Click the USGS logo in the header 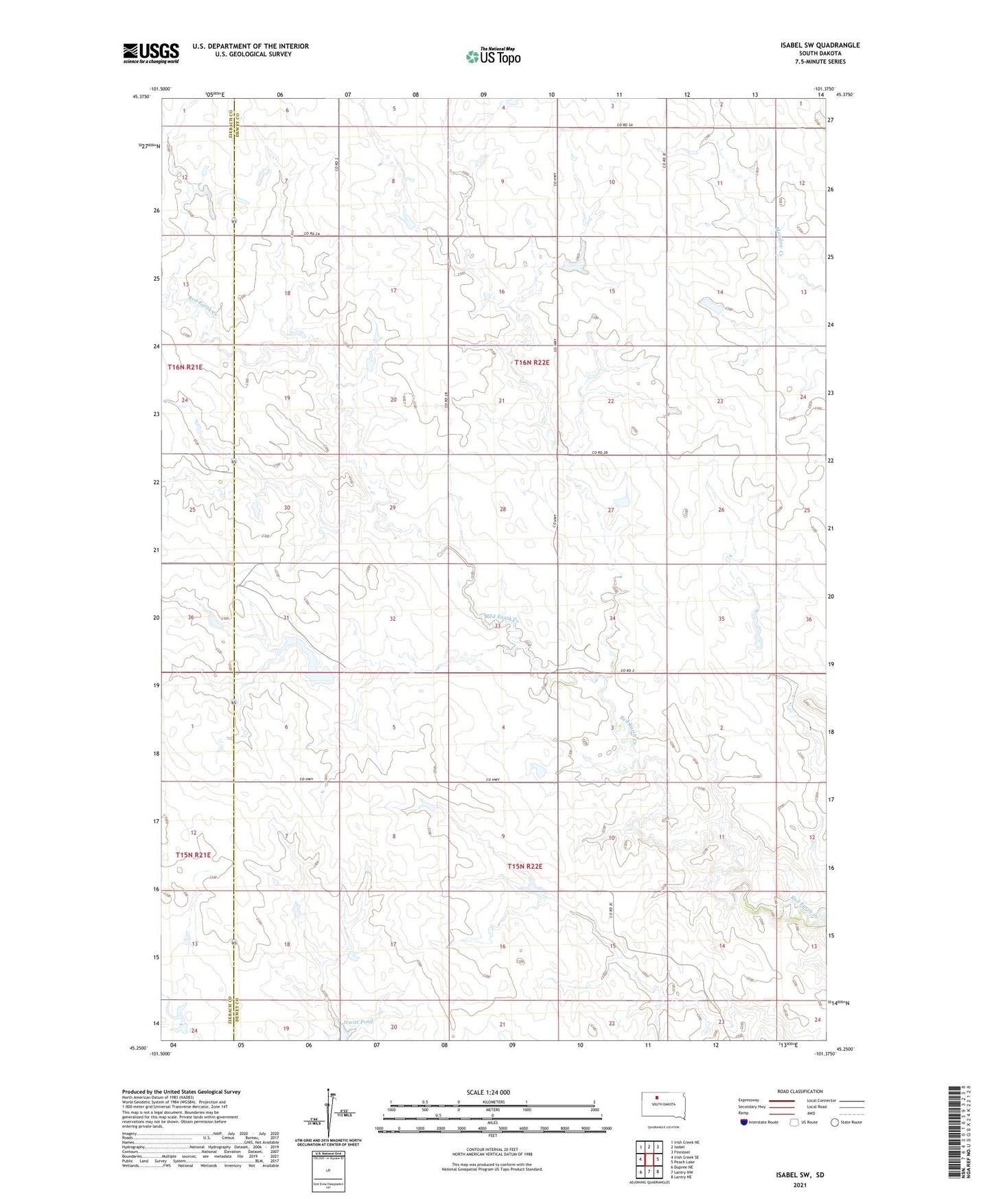[x=151, y=53]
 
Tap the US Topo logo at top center [x=492, y=56]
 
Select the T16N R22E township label [x=532, y=362]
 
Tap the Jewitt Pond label [x=358, y=1022]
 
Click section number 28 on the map [x=503, y=510]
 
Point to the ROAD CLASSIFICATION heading [x=799, y=1091]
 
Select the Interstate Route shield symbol [x=744, y=1122]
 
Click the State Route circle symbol [x=835, y=1122]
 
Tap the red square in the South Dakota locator [x=656, y=1097]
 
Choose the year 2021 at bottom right [x=800, y=1185]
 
